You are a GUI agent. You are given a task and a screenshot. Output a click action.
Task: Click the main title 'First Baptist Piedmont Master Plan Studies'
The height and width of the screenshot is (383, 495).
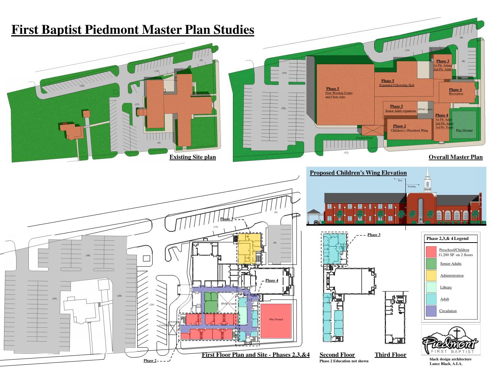(132, 30)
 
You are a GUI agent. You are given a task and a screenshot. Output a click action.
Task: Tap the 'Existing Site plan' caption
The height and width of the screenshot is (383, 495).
(192, 157)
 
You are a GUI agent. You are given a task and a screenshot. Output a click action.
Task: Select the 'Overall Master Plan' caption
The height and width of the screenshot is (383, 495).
(455, 157)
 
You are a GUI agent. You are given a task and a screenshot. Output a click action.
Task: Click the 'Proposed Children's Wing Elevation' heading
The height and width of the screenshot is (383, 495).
(358, 173)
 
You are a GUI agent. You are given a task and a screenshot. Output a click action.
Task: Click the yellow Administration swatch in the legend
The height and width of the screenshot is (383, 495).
(432, 275)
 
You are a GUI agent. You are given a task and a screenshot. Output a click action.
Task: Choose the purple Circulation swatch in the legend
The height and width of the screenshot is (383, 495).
(432, 311)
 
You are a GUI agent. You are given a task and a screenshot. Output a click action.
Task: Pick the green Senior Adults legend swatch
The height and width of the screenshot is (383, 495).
(432, 264)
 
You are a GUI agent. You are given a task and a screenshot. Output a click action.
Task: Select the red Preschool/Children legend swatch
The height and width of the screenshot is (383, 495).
(432, 252)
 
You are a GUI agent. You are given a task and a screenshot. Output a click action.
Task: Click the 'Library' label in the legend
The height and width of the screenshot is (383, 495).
(446, 287)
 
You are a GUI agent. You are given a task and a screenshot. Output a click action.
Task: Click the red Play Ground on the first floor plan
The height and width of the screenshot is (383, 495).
(276, 320)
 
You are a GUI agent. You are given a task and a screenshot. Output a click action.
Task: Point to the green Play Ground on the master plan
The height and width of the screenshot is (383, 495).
(464, 124)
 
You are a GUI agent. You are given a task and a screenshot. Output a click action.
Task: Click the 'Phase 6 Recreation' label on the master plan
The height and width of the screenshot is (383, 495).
(456, 91)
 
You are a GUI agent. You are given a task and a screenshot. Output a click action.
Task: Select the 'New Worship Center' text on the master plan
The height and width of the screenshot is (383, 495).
(339, 93)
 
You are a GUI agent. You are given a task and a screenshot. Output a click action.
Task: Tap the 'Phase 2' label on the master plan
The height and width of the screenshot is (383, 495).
(399, 126)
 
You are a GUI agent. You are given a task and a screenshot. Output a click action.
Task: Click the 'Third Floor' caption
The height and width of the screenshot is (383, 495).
(390, 355)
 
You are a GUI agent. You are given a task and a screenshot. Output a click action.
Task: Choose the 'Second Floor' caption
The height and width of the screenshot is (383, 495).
(337, 355)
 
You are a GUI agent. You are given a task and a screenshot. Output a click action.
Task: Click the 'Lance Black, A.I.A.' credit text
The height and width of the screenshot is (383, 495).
(445, 364)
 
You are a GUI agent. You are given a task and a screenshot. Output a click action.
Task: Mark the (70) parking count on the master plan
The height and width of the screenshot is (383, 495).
(283, 109)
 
